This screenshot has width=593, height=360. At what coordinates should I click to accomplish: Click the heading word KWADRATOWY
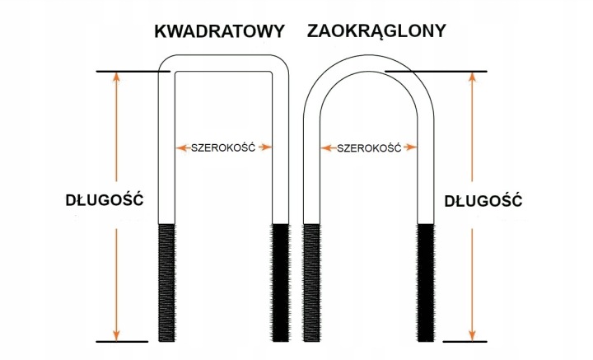[219, 31]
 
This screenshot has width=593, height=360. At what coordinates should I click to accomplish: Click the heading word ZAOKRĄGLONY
[376, 32]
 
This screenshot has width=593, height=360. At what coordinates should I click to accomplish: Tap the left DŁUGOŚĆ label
[105, 199]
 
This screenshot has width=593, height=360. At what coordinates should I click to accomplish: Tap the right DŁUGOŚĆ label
[483, 200]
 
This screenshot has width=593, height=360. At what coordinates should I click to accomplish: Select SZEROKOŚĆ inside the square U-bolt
[223, 147]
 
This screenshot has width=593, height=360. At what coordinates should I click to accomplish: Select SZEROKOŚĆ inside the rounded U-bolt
[369, 147]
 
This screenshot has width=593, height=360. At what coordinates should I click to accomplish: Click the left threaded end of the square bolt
[166, 283]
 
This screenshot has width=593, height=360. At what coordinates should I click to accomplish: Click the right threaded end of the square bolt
[281, 283]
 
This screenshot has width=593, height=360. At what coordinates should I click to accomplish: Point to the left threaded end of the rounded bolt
[311, 283]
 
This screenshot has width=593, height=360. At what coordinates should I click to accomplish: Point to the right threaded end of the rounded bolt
[426, 283]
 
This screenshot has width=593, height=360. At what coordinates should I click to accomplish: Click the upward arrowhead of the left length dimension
[116, 77]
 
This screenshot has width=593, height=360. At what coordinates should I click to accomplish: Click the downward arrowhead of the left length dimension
[116, 335]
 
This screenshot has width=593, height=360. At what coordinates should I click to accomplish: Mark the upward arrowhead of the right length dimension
[472, 77]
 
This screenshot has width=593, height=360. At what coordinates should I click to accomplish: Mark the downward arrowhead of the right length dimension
[472, 335]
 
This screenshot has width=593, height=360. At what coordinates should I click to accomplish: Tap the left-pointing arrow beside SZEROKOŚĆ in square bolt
[183, 147]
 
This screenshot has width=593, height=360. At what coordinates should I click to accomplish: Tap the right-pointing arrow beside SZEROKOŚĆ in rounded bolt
[410, 147]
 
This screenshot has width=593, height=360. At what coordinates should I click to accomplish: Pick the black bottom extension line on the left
[122, 342]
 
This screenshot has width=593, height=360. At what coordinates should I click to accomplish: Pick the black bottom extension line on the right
[465, 342]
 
